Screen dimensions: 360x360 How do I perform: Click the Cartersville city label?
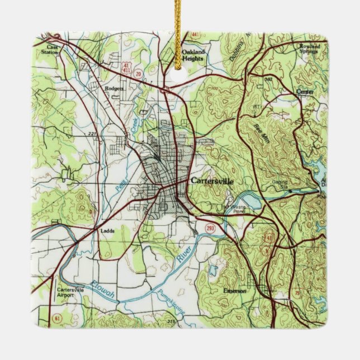tap(212, 181)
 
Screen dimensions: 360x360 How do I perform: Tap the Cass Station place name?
tap(53, 50)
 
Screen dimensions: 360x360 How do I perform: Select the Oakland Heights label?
tap(193, 55)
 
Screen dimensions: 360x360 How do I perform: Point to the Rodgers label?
tap(113, 88)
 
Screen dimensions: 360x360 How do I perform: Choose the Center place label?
tap(305, 91)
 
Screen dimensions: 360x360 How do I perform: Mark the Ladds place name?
tap(107, 230)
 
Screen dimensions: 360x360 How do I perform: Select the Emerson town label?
tap(235, 291)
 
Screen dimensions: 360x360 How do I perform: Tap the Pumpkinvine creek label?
tap(168, 302)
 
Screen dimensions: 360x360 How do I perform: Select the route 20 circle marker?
tap(139, 74)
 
